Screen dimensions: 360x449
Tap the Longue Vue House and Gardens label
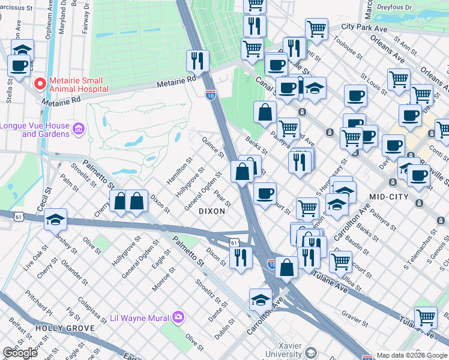[37, 130]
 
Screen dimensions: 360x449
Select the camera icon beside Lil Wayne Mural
[178, 316]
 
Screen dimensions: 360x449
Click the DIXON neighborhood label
[212, 211]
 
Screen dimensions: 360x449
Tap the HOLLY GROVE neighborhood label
[65, 328]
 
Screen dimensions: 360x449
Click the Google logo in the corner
[20, 353]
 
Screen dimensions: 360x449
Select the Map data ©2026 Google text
[411, 355]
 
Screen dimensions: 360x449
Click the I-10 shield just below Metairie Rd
[210, 94]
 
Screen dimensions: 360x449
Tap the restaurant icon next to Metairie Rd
[197, 60]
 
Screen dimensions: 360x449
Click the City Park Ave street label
[364, 27]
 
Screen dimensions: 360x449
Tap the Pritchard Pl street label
[39, 304]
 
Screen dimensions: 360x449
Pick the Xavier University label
[291, 350]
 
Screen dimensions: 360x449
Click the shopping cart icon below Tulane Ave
[426, 317]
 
